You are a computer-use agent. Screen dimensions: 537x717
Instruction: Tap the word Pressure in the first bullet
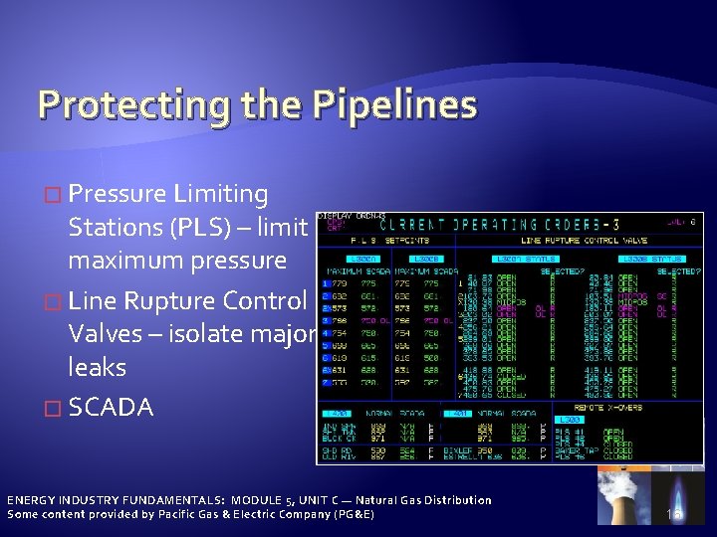click(119, 194)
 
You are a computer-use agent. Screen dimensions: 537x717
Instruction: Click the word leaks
click(97, 368)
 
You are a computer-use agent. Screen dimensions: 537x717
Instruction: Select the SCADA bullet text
click(112, 407)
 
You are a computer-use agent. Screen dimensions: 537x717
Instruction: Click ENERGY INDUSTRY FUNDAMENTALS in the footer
click(115, 500)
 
